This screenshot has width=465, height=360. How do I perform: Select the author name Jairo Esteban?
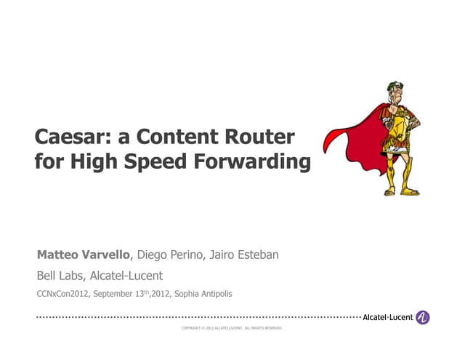click(x=248, y=255)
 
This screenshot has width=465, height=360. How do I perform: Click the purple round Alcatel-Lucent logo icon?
click(x=422, y=317)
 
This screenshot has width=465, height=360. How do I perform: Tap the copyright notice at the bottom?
click(x=232, y=329)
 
